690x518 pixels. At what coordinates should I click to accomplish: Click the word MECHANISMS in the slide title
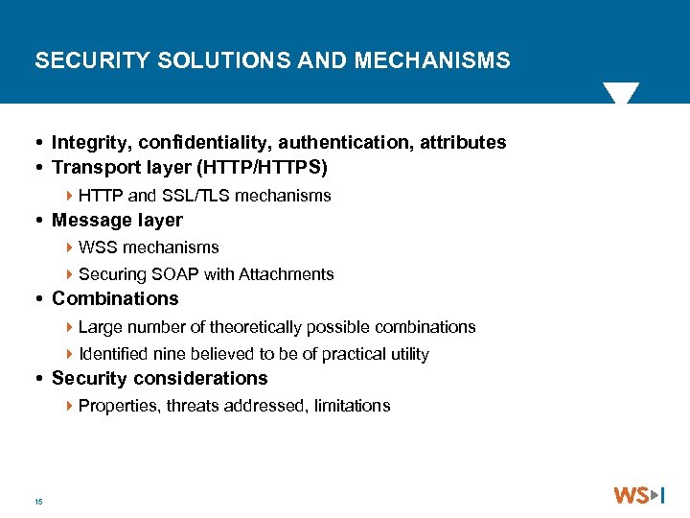pyautogui.click(x=432, y=61)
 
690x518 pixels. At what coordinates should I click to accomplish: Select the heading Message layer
pyautogui.click(x=117, y=221)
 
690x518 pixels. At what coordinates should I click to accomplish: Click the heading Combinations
pyautogui.click(x=115, y=299)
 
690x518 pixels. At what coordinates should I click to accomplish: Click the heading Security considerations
pyautogui.click(x=159, y=379)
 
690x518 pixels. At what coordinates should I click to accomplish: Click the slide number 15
pyautogui.click(x=37, y=501)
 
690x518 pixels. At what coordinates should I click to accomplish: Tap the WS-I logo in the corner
pyautogui.click(x=639, y=495)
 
